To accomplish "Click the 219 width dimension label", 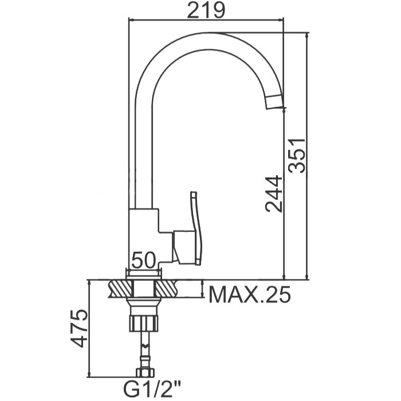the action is [x=206, y=10].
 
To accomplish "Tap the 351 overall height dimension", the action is [x=297, y=155].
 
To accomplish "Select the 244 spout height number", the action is [x=274, y=194].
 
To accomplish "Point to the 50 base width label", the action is [x=143, y=260].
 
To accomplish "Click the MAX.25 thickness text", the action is [x=250, y=294].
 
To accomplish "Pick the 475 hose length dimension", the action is [x=79, y=328].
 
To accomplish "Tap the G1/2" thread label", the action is [x=152, y=389].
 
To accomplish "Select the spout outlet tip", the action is [x=275, y=103].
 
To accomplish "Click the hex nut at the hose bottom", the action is [x=146, y=372].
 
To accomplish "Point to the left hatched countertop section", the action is [x=120, y=289].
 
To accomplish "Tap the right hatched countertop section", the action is [x=167, y=289].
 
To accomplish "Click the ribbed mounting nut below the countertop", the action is [x=144, y=324].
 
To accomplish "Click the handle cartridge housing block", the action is [x=184, y=247].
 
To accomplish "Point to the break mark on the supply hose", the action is [x=146, y=346].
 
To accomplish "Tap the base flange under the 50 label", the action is [x=144, y=274].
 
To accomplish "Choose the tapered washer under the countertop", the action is [x=144, y=306].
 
